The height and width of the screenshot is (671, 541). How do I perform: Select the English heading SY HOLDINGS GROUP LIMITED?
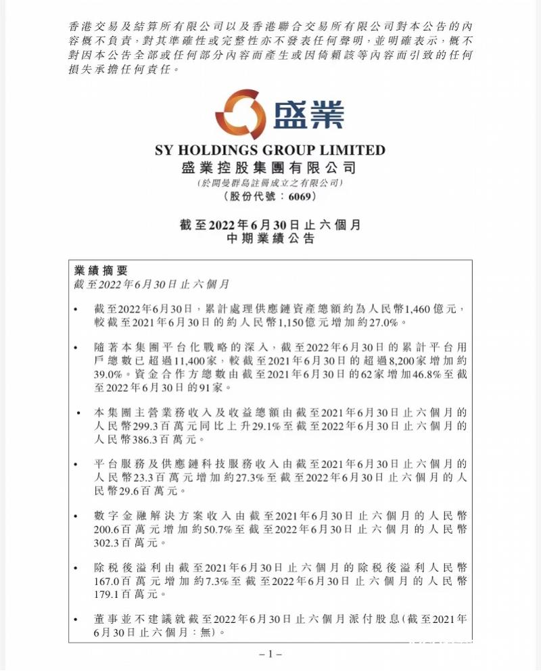(x=270, y=150)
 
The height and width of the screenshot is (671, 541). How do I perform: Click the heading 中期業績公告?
(x=270, y=239)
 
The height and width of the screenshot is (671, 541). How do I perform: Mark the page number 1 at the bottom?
(x=270, y=654)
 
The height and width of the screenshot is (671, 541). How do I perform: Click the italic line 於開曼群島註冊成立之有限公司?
(x=270, y=183)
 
